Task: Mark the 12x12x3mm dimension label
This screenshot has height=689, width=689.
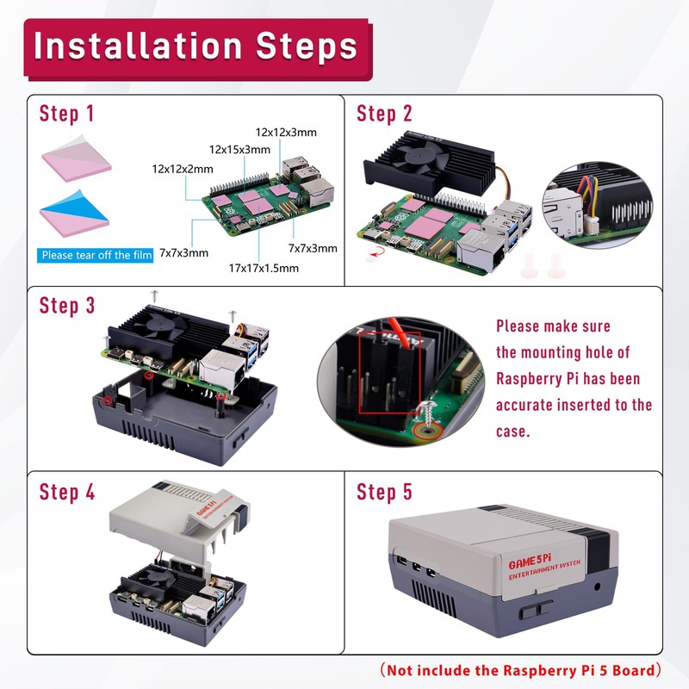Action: tap(286, 132)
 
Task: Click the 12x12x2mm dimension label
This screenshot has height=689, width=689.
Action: tap(182, 169)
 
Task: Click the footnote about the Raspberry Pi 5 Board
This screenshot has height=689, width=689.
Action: tap(523, 669)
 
